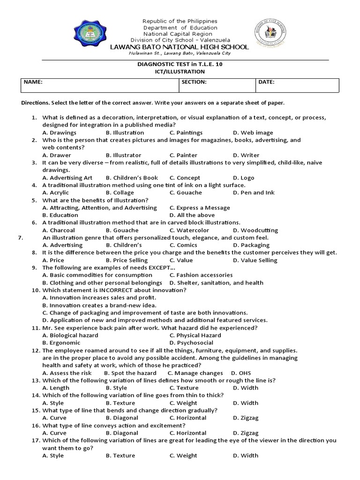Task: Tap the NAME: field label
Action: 33,82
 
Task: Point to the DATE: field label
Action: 266,82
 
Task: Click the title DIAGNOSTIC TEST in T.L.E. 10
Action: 180,64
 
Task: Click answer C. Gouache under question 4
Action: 186,193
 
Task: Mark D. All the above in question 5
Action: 191,215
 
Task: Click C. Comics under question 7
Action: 183,245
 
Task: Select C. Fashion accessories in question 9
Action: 201,275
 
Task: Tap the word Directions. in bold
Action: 36,103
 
